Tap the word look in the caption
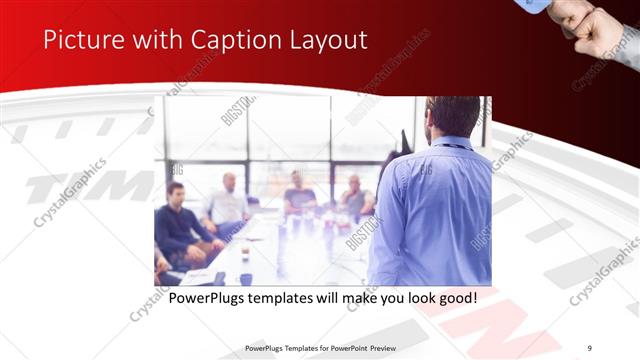pos(411,298)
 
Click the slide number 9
pos(589,347)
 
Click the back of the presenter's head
pos(453,115)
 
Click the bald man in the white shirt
pos(229,200)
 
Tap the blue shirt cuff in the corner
pos(534,6)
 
